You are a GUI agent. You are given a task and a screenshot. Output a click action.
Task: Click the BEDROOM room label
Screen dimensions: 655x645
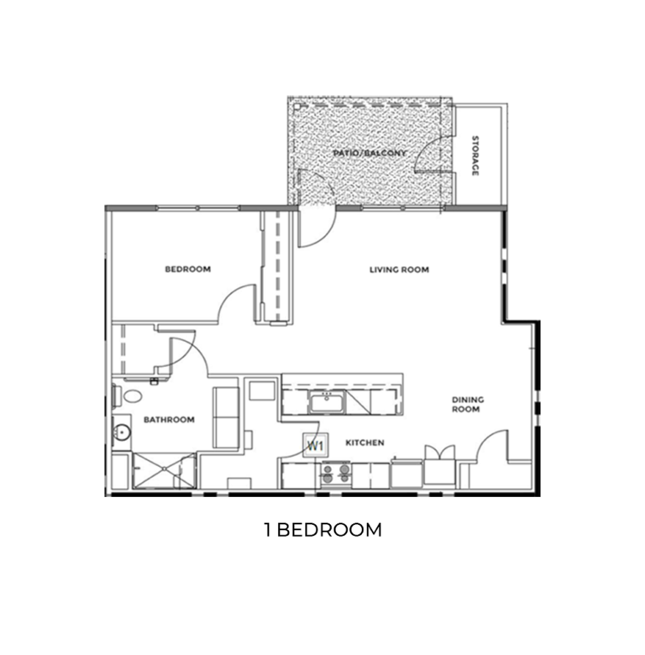(x=187, y=270)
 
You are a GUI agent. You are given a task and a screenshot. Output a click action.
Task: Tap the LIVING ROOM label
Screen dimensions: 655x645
(x=400, y=270)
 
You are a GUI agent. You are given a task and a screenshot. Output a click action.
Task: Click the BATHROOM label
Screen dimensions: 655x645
(x=169, y=420)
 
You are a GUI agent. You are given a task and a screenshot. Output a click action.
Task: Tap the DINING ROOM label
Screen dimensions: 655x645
(x=465, y=404)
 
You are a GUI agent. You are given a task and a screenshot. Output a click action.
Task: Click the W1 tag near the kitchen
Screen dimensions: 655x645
(x=316, y=445)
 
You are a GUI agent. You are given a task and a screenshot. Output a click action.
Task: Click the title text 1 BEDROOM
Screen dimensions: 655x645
(x=322, y=530)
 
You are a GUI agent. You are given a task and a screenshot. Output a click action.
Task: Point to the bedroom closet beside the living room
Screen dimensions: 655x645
(x=275, y=265)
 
